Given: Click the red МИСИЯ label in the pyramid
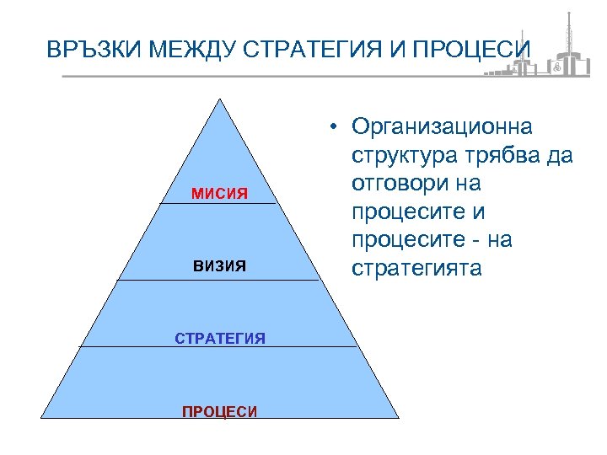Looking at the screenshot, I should (219, 194).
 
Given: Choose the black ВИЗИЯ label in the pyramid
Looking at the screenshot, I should (219, 266).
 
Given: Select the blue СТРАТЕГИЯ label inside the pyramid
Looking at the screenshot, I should (219, 339).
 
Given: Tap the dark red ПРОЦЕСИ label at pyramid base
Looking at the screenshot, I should (219, 412).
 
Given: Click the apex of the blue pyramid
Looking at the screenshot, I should (220, 100).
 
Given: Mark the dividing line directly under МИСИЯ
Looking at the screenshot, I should (219, 203).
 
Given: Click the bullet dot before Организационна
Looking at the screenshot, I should (335, 127).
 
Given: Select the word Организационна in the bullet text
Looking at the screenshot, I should (442, 126).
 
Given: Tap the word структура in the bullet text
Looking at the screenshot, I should (400, 156).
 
